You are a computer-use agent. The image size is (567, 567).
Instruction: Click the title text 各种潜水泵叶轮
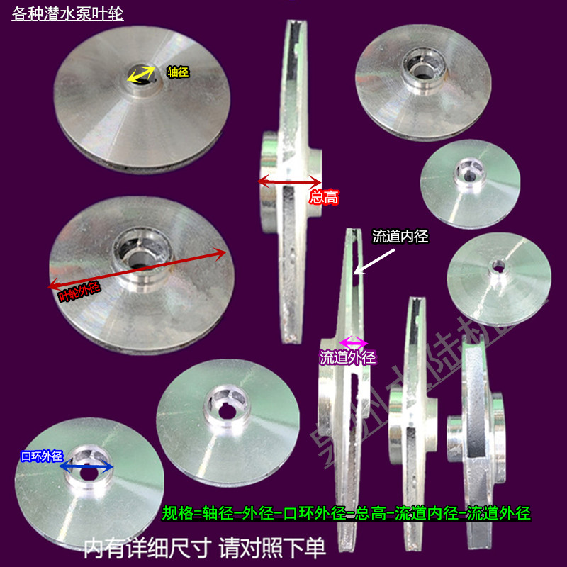(x=68, y=13)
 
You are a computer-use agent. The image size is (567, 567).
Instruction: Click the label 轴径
(x=178, y=72)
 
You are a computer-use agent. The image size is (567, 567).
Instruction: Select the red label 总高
(x=324, y=197)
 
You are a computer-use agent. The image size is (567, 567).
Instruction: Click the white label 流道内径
(x=401, y=237)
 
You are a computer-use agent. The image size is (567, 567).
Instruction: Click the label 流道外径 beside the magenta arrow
(x=347, y=358)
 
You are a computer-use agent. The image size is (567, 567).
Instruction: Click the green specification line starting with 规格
(x=347, y=512)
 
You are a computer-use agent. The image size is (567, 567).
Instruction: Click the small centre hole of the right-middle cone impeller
(x=498, y=266)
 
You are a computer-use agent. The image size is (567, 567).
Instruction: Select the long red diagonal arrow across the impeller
(x=137, y=269)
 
